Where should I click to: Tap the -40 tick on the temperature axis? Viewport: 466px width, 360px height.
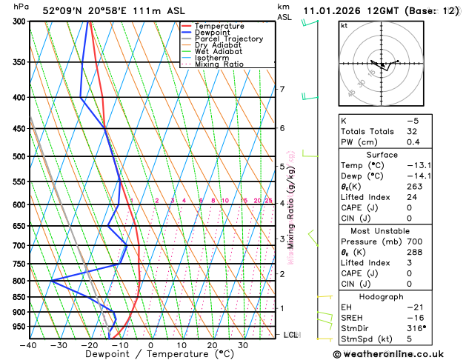point(29,345)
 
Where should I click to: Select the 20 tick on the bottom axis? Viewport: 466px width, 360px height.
point(212,345)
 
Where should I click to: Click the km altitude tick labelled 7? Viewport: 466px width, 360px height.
point(282,90)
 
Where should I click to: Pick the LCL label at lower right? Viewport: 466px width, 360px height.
point(291,335)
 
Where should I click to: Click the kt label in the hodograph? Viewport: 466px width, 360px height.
point(343,25)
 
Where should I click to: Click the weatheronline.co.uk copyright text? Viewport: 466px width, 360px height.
point(399,353)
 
